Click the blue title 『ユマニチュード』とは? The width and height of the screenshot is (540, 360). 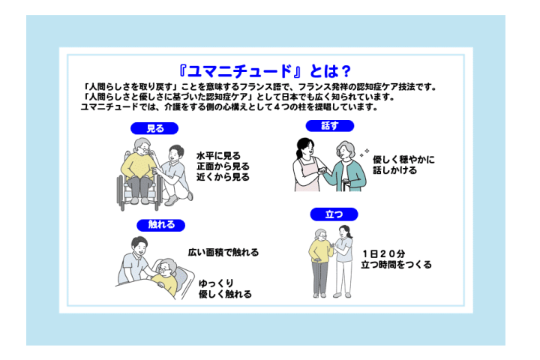click(x=265, y=71)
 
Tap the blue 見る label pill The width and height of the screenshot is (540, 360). click(x=154, y=128)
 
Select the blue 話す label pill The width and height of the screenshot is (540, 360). click(x=329, y=126)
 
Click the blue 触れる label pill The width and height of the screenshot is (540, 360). click(x=160, y=225)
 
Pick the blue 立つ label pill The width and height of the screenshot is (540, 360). click(x=334, y=214)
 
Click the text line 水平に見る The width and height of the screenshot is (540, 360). click(x=219, y=156)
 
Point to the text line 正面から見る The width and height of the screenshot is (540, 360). click(x=223, y=166)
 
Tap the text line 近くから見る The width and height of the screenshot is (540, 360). click(x=223, y=177)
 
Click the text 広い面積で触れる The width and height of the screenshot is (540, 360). click(x=223, y=253)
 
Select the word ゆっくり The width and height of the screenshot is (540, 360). click(x=216, y=283)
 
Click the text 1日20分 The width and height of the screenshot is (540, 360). click(x=383, y=254)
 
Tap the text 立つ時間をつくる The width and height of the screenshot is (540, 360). click(x=397, y=265)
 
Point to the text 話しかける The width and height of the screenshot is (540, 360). click(x=395, y=170)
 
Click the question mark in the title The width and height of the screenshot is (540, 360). click(x=346, y=72)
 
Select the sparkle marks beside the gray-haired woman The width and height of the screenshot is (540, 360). click(x=364, y=152)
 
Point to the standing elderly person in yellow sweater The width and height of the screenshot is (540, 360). click(x=320, y=262)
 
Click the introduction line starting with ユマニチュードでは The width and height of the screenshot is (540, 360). click(x=229, y=107)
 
